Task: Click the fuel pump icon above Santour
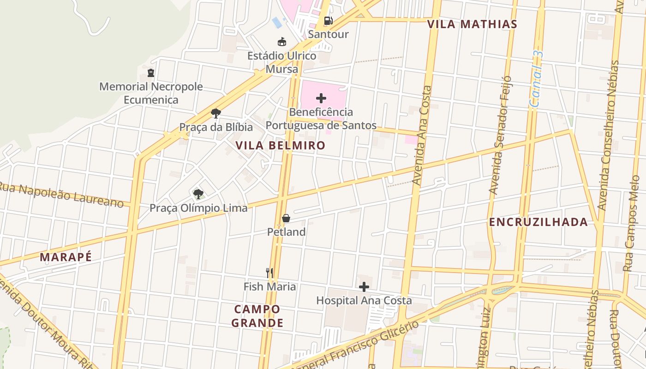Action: click(328, 20)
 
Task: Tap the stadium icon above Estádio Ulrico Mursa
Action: click(282, 42)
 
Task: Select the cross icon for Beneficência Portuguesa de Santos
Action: click(321, 98)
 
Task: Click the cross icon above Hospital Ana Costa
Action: click(364, 287)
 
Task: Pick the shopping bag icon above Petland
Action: click(286, 218)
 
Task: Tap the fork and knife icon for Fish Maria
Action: click(270, 273)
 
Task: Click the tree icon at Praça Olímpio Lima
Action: click(198, 194)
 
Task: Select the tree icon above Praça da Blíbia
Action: click(215, 113)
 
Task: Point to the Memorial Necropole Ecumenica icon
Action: click(151, 73)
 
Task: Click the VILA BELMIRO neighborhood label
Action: click(281, 146)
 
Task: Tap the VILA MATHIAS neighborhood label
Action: click(472, 24)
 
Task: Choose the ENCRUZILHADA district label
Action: click(538, 222)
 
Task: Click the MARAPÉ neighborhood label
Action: click(66, 257)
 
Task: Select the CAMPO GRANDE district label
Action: click(257, 316)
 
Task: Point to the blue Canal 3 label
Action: click(538, 79)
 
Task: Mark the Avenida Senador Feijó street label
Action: click(500, 135)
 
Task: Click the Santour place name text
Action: click(328, 34)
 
